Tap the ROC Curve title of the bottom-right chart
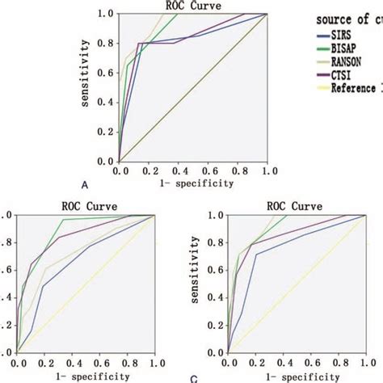[x=296, y=207]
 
